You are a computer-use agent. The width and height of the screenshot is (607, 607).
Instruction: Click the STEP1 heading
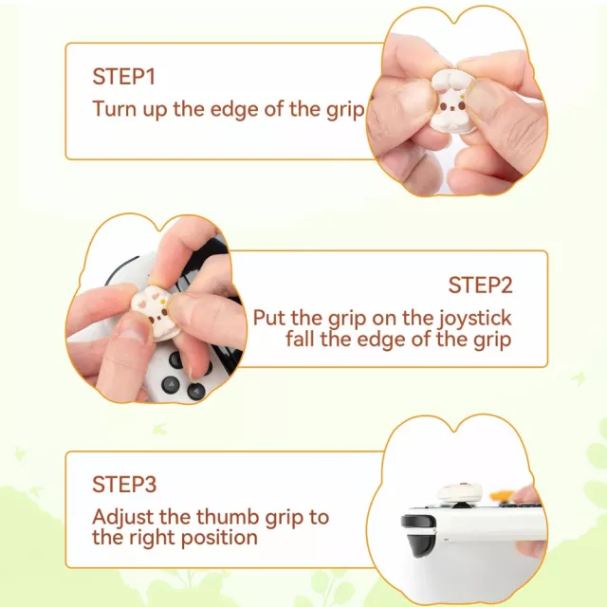pyautogui.click(x=124, y=76)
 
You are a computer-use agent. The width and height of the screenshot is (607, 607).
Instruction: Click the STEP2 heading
pyautogui.click(x=481, y=285)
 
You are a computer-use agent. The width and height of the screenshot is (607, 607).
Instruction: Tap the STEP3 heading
pyautogui.click(x=124, y=484)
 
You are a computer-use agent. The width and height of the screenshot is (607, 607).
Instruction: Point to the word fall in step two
pyautogui.click(x=300, y=340)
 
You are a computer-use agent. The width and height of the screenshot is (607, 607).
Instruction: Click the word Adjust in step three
pyautogui.click(x=122, y=518)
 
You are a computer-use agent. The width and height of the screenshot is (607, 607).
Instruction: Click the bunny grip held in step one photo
pyautogui.click(x=449, y=101)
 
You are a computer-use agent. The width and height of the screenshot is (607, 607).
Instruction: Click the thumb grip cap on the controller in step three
pyautogui.click(x=460, y=491)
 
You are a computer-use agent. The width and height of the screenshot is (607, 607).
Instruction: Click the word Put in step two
pyautogui.click(x=269, y=319)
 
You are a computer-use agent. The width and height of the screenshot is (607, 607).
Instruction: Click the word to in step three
pyautogui.click(x=319, y=518)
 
